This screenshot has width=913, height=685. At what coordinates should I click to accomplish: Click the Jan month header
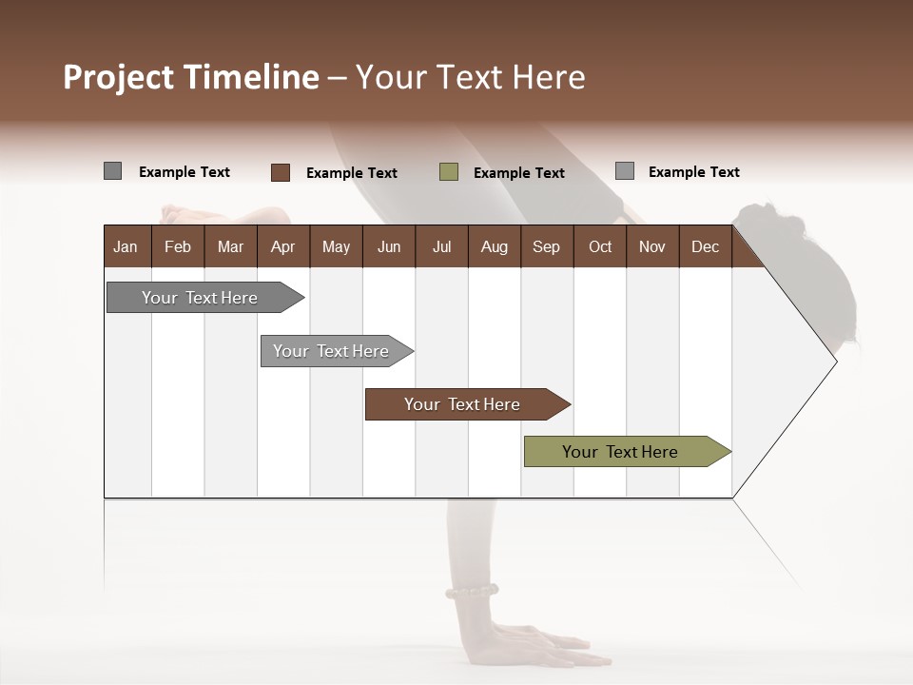pyautogui.click(x=126, y=247)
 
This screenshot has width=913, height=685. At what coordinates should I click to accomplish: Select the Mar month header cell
pyautogui.click(x=230, y=247)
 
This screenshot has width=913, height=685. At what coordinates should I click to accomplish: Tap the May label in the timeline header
pyautogui.click(x=336, y=247)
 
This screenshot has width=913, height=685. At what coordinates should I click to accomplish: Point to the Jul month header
pyautogui.click(x=441, y=247)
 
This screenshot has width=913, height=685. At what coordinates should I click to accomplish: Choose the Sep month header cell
pyautogui.click(x=546, y=247)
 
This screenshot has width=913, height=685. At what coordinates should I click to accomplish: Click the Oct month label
pyautogui.click(x=600, y=247)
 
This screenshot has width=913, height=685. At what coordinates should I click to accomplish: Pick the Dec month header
pyautogui.click(x=705, y=247)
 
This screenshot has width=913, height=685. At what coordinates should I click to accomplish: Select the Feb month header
pyautogui.click(x=178, y=247)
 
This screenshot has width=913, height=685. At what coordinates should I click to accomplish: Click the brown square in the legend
pyautogui.click(x=281, y=172)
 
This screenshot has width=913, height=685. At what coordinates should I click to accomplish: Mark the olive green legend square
pyautogui.click(x=449, y=172)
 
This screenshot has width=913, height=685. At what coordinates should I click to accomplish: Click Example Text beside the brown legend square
pyautogui.click(x=351, y=173)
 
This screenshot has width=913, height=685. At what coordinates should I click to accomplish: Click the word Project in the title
pyautogui.click(x=119, y=78)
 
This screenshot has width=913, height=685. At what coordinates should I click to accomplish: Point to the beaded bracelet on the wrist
pyautogui.click(x=472, y=593)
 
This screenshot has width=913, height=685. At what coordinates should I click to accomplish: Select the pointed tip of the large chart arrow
pyautogui.click(x=834, y=361)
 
